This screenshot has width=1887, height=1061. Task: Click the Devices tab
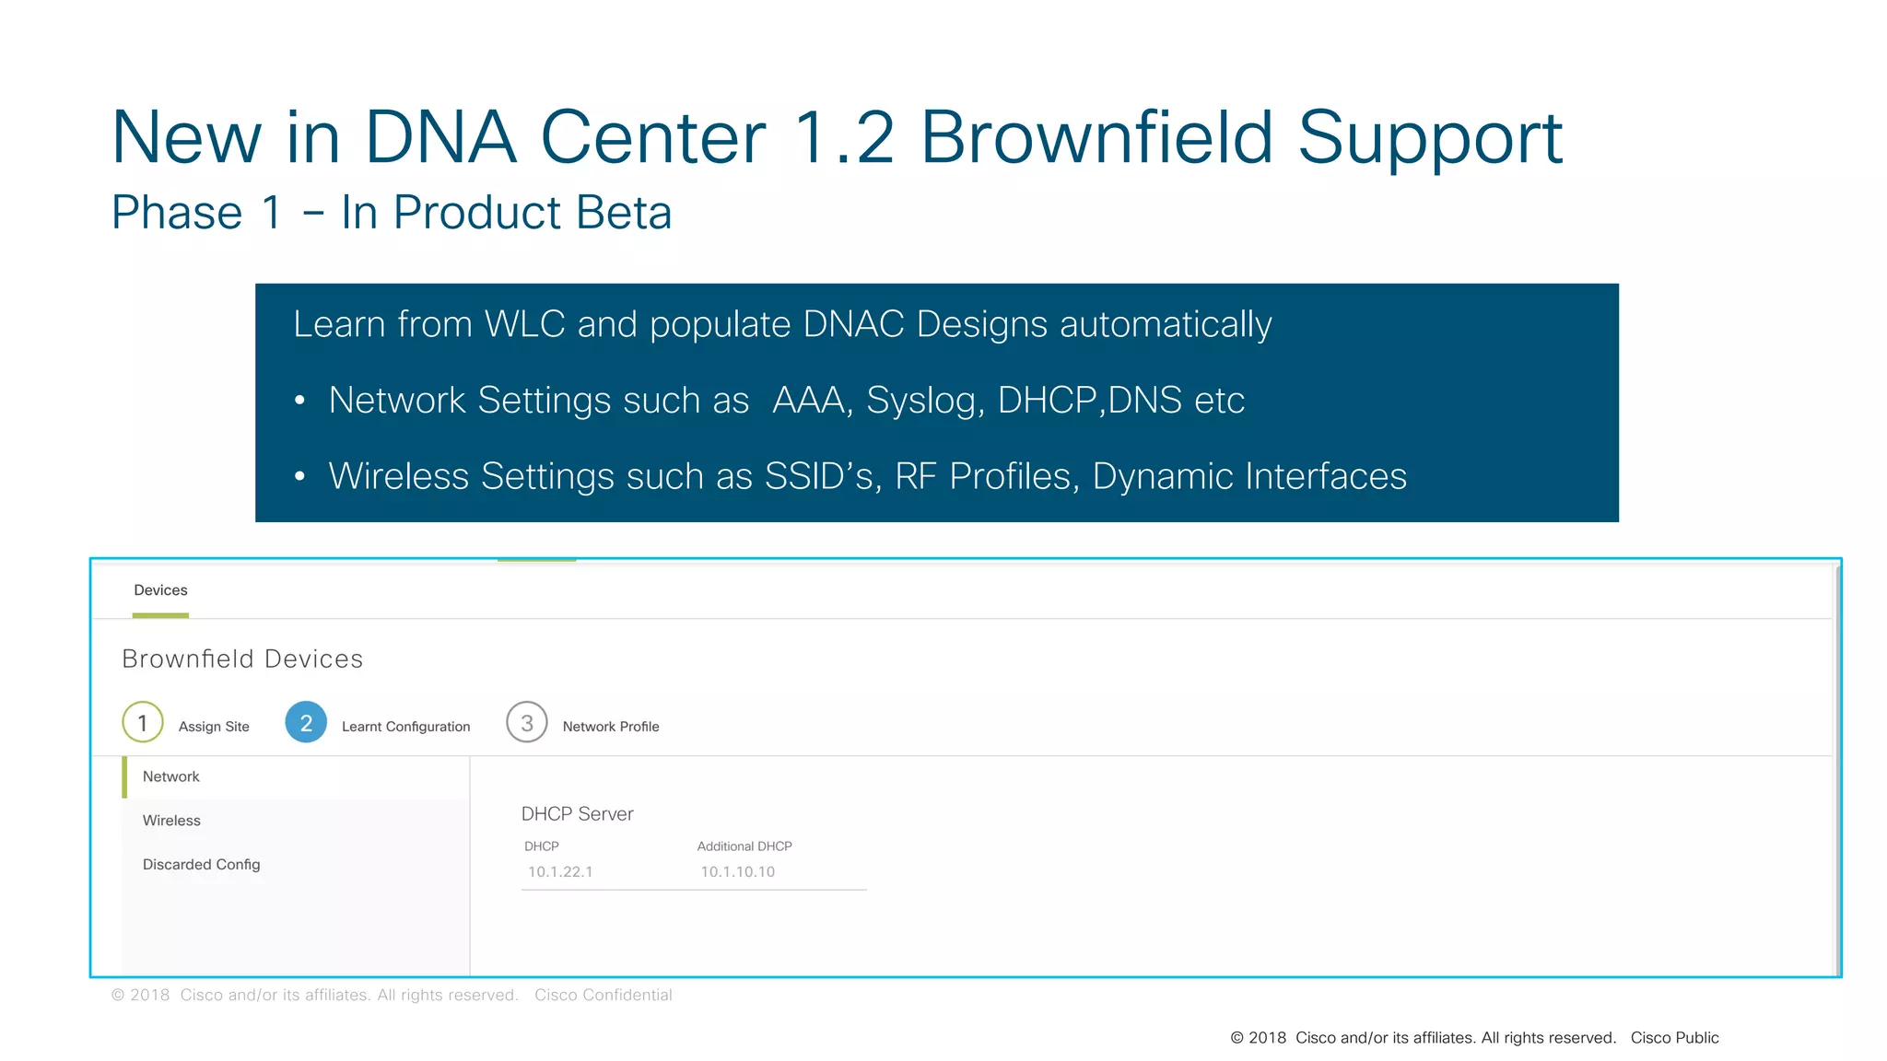[160, 590]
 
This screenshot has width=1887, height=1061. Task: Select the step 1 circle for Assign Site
[143, 723]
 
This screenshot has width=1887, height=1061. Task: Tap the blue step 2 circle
[306, 723]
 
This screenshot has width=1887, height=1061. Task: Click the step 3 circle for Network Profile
[527, 723]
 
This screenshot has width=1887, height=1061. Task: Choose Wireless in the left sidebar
[171, 821]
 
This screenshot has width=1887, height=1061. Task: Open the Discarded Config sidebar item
[201, 865]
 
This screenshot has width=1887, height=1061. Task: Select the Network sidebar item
[171, 777]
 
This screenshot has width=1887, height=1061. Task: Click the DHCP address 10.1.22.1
[560, 872]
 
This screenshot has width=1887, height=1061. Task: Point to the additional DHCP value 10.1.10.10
[737, 872]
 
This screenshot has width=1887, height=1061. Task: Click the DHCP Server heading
[577, 814]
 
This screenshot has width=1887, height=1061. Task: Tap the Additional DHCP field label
[744, 846]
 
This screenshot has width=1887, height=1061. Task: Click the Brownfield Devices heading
[242, 659]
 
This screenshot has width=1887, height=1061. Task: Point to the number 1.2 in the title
[844, 138]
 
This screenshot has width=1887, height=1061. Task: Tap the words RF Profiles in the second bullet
[986, 477]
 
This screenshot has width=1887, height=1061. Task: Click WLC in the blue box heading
[524, 324]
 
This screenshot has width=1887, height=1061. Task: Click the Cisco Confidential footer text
[604, 996]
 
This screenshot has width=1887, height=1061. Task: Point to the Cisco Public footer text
[1674, 1038]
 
